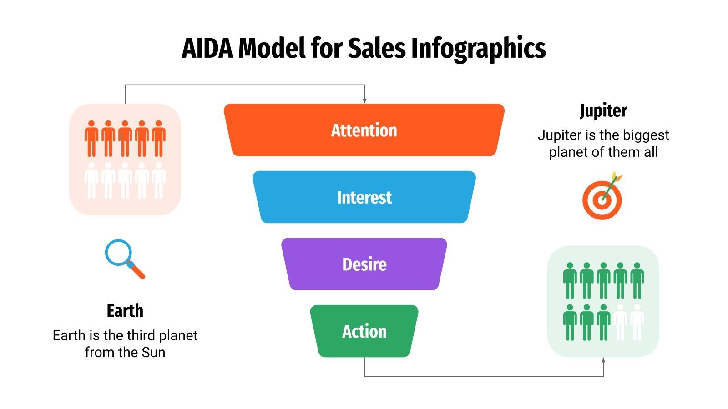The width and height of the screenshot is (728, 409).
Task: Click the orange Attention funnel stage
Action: [x=364, y=130]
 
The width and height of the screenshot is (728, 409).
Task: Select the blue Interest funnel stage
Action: [x=364, y=197]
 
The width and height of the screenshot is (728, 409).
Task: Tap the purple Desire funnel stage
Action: [x=364, y=264]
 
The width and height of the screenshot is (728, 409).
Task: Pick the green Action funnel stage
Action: [x=364, y=331]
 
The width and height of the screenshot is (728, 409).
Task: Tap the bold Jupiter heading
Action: [x=603, y=111]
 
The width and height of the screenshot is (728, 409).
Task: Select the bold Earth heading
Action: [x=125, y=311]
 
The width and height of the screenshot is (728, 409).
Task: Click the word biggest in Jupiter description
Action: [x=646, y=135]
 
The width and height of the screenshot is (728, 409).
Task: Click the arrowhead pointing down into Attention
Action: [x=364, y=100]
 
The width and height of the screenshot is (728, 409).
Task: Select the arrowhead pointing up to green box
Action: [x=603, y=360]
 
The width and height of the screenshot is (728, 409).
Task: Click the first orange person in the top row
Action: [x=91, y=138]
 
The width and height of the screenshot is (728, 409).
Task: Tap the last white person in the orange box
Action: [x=158, y=180]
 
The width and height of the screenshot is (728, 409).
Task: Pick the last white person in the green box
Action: [x=637, y=322]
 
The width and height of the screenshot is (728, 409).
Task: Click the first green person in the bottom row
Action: [x=570, y=322]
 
